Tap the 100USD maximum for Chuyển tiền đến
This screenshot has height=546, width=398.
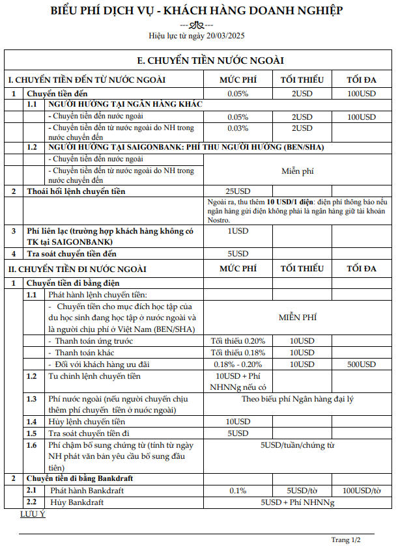click(362, 94)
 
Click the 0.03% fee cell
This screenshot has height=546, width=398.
click(238, 128)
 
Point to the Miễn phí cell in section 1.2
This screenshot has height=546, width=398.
click(298, 171)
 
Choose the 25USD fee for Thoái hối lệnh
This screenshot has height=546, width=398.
click(238, 191)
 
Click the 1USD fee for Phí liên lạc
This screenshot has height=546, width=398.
click(238, 231)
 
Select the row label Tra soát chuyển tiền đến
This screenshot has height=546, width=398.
click(72, 253)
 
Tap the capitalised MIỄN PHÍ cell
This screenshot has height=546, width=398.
click(298, 318)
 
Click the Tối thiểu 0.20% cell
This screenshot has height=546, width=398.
click(238, 341)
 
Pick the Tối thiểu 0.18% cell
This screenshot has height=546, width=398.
click(238, 352)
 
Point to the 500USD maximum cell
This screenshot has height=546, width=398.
click(362, 364)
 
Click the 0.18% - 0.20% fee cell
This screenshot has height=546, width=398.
click(238, 364)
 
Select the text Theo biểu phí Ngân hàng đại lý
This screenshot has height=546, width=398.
click(298, 399)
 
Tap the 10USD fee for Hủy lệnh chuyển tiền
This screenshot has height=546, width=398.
click(238, 422)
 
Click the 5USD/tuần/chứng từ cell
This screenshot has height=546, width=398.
click(298, 445)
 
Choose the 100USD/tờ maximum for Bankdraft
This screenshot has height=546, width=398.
click(362, 491)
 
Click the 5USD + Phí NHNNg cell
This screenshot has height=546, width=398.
click(298, 502)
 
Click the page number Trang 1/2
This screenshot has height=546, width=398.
click(346, 539)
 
